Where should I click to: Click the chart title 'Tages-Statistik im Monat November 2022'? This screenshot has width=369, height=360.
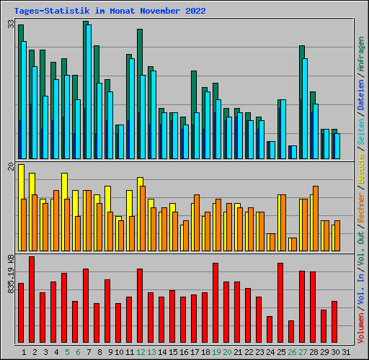110,12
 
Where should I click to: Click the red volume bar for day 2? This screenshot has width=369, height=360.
32,300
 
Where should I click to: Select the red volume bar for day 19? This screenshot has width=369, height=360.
215,303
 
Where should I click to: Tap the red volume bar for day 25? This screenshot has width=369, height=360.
280,303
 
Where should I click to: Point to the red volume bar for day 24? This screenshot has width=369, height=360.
270,330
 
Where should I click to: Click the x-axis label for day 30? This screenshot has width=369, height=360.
335,352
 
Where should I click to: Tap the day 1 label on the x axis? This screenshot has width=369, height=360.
25,352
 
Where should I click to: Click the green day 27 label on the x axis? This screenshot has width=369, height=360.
303,352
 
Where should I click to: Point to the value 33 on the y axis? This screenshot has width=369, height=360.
11,24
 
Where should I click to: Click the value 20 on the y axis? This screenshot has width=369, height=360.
11,167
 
